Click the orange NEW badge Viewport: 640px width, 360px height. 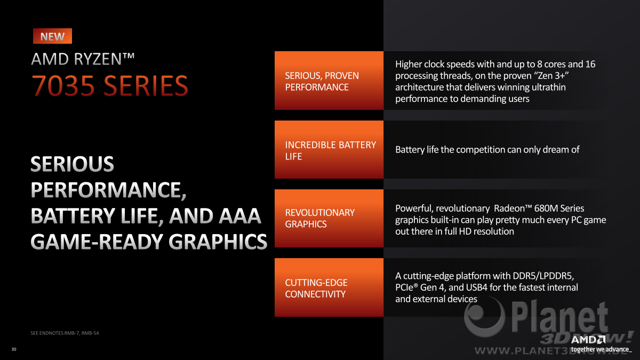[52, 36]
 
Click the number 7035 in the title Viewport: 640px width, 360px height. [63, 85]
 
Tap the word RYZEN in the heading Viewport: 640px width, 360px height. [98, 59]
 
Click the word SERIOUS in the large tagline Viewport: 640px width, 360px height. [73, 164]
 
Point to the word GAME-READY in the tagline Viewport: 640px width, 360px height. [97, 242]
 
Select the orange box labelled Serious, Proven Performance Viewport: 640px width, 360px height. [329, 81]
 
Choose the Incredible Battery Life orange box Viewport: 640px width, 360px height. [329, 149]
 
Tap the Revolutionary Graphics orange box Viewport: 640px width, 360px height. [329, 218]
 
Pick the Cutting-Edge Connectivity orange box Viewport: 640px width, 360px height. [329, 287]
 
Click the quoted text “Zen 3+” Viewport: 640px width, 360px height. [550, 76]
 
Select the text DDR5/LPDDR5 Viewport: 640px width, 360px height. [543, 276]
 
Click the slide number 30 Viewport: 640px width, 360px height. [14, 349]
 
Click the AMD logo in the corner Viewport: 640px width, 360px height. [588, 340]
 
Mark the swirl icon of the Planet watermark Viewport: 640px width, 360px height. [484, 317]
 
